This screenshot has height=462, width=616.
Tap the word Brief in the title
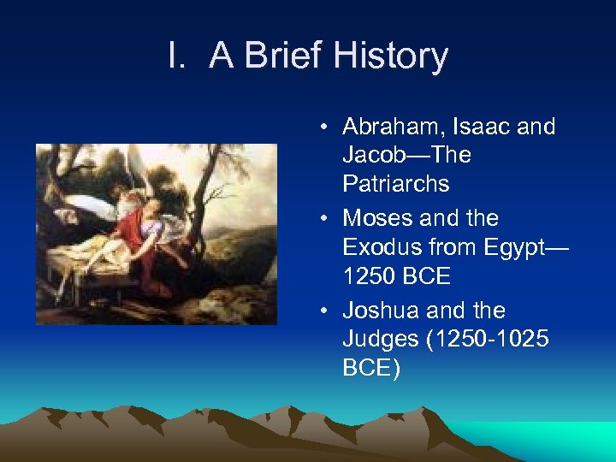(281, 56)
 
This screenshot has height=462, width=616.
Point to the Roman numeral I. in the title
(177, 56)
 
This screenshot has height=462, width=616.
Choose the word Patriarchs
(396, 184)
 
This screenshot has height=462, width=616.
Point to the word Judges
(380, 340)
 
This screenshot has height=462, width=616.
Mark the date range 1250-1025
(488, 340)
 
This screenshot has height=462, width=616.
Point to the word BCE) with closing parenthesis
(370, 368)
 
